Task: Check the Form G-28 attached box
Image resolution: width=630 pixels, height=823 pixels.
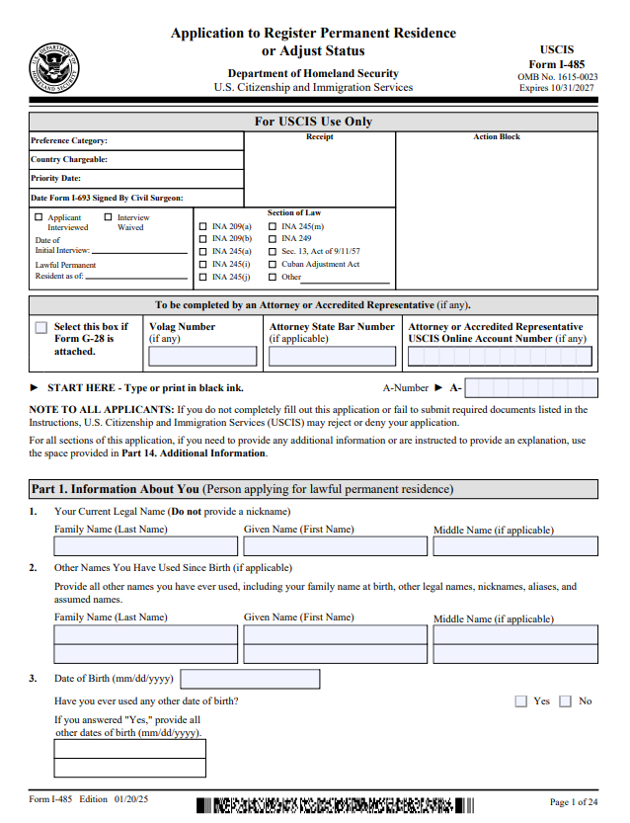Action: coord(40,328)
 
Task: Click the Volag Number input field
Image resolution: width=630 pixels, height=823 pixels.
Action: coord(202,357)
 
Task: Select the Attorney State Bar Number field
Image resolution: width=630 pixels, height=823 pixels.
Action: coord(332,357)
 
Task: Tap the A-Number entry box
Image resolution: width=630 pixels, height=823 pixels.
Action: coord(530,388)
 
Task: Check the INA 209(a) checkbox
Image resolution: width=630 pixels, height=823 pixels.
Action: coord(203,226)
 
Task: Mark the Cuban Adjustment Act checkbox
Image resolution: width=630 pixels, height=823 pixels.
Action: coord(273,264)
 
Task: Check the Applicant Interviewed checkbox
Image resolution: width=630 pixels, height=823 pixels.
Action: coord(39,217)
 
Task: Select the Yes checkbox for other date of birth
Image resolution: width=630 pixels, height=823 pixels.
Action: coord(520,701)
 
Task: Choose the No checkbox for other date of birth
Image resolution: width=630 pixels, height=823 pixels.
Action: coord(565,701)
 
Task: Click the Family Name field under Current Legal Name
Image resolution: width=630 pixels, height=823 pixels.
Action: coord(145,546)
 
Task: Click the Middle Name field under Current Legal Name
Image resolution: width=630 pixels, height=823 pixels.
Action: coord(514,546)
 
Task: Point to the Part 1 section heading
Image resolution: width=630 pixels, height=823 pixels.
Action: coord(242,489)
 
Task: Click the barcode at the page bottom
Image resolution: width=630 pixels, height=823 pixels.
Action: coord(336,803)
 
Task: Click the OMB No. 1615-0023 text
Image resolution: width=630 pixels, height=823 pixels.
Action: coord(557,76)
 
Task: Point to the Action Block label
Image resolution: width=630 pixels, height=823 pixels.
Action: coord(497,137)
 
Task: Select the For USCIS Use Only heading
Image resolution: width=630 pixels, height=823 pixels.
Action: coord(313,122)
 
